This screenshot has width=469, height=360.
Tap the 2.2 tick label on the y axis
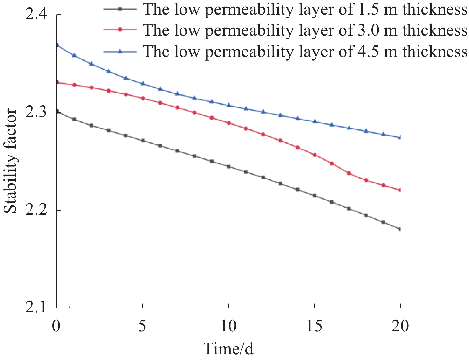click(x=36, y=210)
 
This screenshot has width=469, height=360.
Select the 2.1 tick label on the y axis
click(x=36, y=308)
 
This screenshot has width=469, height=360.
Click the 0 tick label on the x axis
click(x=56, y=326)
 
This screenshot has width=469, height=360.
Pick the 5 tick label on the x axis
click(x=143, y=326)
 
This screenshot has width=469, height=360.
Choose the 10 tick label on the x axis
click(x=228, y=326)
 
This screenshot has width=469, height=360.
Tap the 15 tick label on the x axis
click(x=314, y=326)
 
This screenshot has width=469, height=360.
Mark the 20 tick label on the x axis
click(x=400, y=326)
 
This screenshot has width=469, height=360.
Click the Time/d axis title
click(x=228, y=349)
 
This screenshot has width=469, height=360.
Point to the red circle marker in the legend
click(x=120, y=29)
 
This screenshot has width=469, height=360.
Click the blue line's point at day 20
click(x=400, y=137)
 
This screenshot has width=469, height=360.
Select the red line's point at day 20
click(x=400, y=190)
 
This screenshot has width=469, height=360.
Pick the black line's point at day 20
click(x=400, y=229)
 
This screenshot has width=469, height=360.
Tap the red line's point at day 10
click(x=228, y=123)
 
